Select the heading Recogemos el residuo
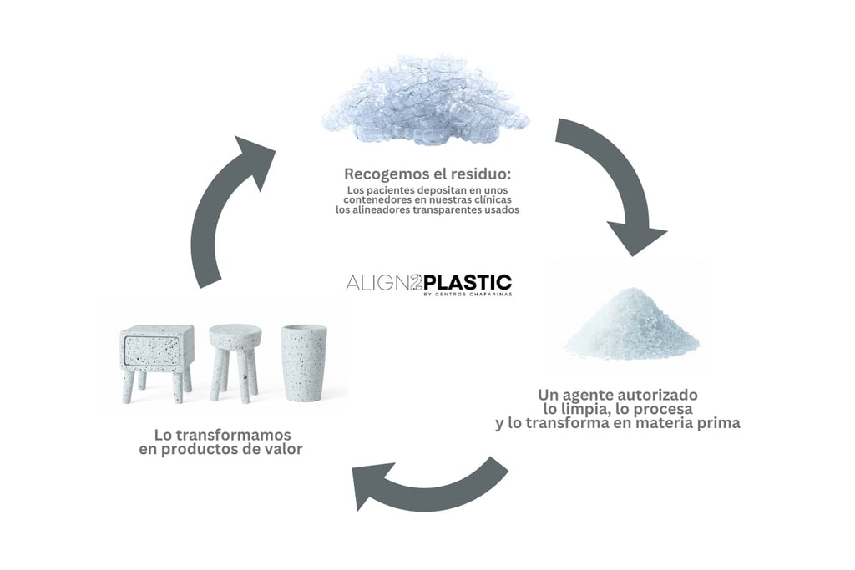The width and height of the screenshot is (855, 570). [427, 174]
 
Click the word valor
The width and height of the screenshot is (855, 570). [283, 450]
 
